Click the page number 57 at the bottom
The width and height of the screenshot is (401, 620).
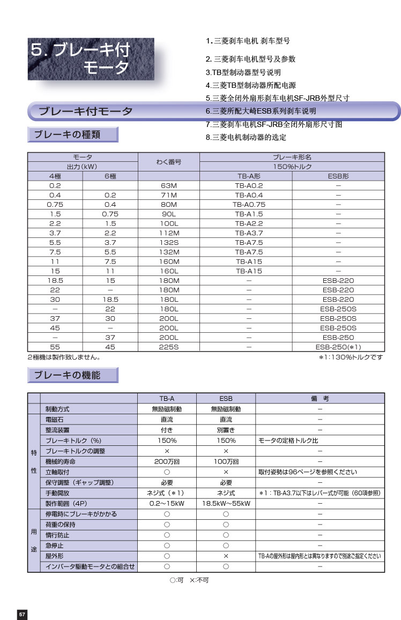tap(22, 614)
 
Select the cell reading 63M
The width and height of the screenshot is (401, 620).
tap(169, 185)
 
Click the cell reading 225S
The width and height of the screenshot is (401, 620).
tap(169, 347)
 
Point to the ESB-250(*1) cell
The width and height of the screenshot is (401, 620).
tap(338, 347)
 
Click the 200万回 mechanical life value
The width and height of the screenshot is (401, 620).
tap(167, 461)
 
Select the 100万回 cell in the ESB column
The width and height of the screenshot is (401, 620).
tap(226, 461)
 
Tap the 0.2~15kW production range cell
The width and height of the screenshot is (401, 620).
tap(167, 503)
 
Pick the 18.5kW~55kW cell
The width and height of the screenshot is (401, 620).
tap(226, 503)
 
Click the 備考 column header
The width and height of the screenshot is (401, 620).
tap(320, 398)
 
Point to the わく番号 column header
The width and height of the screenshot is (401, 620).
tap(169, 161)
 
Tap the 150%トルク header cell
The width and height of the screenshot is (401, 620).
tap(292, 166)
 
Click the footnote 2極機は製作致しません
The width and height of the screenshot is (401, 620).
tap(64, 357)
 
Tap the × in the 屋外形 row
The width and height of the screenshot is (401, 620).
tap(226, 556)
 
